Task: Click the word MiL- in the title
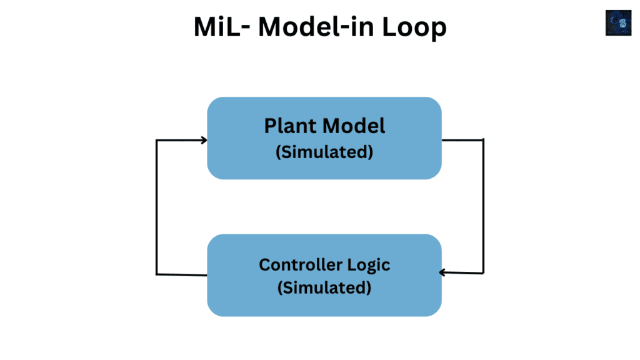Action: coord(219,27)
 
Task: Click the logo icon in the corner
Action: coord(618,22)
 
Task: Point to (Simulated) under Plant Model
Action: coord(324,152)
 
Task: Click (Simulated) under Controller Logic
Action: coord(324,287)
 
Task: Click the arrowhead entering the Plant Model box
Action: coord(203,140)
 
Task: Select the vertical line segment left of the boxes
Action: coord(156,206)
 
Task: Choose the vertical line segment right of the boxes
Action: coord(483,206)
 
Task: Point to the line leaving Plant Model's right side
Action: coord(462,140)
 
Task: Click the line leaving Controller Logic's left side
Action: coord(181,274)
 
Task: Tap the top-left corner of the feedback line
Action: coord(156,140)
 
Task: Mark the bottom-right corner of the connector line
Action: coord(483,273)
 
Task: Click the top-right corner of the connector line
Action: coord(483,140)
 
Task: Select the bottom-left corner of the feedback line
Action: coord(156,274)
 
